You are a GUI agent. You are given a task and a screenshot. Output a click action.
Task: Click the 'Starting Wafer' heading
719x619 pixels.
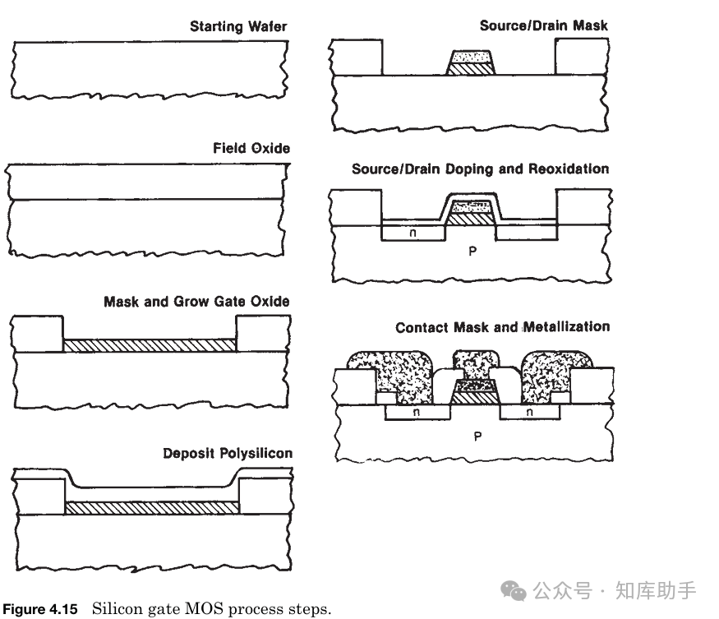point(238,26)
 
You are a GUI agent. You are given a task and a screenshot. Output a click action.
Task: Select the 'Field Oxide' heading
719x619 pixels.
point(251,148)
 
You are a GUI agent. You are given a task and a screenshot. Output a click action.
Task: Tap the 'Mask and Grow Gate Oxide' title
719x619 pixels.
point(196,302)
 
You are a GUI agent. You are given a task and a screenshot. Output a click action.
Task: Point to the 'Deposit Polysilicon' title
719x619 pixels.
point(227,453)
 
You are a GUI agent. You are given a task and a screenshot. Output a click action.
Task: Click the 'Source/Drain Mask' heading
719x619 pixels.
point(544,26)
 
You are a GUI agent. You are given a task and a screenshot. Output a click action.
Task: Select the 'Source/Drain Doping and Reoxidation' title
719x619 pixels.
point(480,169)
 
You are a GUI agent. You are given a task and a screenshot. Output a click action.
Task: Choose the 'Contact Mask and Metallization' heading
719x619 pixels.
point(502,327)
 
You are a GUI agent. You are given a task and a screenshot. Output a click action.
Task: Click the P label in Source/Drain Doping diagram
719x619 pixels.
point(472,252)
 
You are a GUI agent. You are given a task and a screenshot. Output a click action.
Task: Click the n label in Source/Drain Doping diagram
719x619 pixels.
point(413,233)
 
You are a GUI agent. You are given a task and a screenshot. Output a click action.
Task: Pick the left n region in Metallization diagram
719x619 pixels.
point(416,413)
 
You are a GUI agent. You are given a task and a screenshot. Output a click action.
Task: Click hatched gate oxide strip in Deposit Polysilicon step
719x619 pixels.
point(151,508)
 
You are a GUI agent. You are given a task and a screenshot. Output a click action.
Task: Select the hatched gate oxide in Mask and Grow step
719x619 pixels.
point(150,345)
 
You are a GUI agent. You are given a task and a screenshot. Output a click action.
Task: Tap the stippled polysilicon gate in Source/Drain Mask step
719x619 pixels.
point(471,58)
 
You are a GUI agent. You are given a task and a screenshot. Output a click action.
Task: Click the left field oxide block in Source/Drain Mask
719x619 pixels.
point(357,56)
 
